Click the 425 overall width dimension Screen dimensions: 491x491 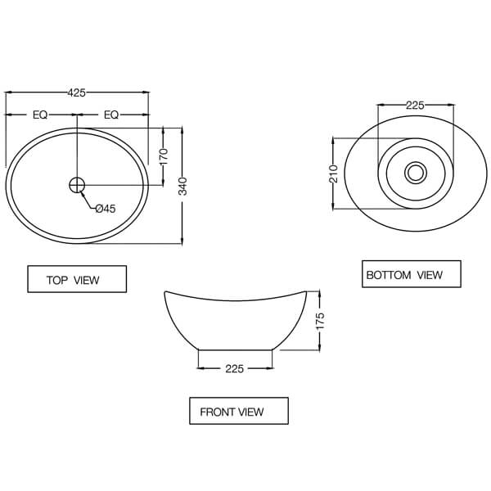77,93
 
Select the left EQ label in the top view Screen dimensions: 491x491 40,115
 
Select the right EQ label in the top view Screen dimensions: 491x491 111,115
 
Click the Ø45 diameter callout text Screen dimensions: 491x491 106,209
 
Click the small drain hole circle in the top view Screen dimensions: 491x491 77,185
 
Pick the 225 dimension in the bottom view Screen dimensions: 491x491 415,105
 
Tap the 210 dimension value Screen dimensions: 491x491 333,174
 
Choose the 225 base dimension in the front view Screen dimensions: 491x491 235,369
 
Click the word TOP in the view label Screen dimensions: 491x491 57,280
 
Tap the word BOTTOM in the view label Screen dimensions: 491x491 390,275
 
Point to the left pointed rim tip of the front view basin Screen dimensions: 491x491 166,292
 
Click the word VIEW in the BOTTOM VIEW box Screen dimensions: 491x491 430,275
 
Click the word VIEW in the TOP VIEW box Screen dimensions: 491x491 87,280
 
